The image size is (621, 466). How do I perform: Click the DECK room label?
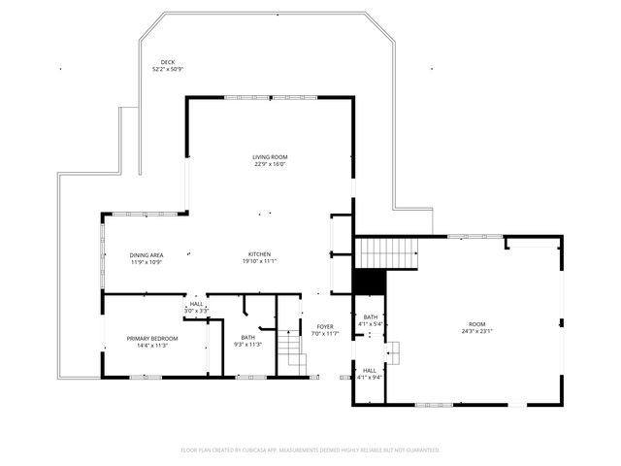(167, 62)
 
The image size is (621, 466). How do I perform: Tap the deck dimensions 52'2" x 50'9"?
(167, 70)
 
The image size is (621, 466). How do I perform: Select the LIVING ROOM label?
(270, 156)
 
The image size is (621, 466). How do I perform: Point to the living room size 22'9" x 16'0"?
(270, 164)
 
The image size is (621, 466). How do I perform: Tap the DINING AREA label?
(147, 254)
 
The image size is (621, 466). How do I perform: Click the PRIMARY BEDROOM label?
(152, 338)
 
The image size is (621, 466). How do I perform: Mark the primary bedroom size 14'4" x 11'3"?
(152, 345)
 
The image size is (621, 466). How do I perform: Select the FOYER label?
(325, 326)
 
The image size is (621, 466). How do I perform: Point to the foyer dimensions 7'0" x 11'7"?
(325, 334)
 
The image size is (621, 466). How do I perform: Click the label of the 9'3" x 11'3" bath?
(248, 337)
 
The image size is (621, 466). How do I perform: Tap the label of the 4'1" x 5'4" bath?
(371, 316)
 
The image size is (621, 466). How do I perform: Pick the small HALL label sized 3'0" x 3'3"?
(197, 304)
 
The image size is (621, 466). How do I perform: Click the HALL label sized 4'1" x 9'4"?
(370, 370)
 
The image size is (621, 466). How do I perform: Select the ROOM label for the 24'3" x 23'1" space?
(476, 324)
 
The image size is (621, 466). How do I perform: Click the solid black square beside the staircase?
(369, 282)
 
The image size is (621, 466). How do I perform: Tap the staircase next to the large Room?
(387, 252)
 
